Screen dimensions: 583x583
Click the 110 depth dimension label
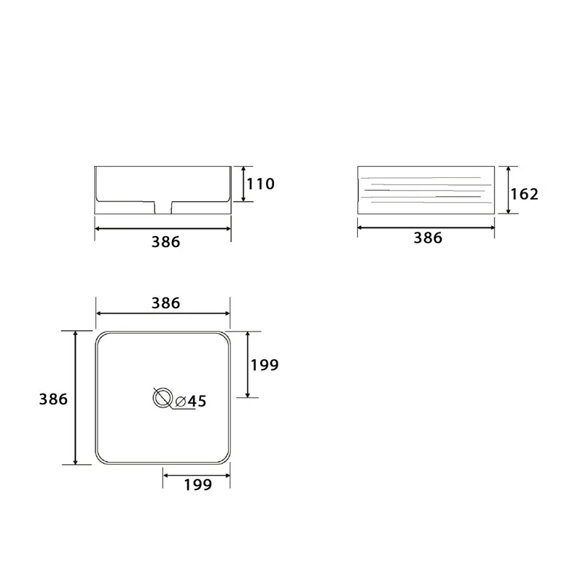[260, 184]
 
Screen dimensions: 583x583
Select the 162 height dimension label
[525, 194]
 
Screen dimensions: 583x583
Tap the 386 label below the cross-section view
[165, 243]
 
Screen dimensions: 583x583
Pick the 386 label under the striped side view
[428, 238]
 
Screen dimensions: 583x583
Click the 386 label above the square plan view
[165, 302]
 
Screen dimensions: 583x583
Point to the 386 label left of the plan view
[53, 399]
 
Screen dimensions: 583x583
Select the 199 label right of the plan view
[265, 364]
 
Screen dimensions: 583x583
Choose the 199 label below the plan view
[197, 485]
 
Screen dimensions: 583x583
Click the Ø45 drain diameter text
[192, 401]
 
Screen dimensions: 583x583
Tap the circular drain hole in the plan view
[162, 398]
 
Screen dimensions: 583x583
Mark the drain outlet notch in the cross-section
[163, 208]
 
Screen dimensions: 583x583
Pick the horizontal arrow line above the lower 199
[196, 474]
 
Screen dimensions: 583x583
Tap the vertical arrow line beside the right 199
[249, 364]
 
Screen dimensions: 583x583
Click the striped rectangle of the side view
[426, 190]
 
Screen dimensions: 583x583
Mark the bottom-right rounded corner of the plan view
[225, 459]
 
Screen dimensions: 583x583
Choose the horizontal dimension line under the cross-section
[163, 228]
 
